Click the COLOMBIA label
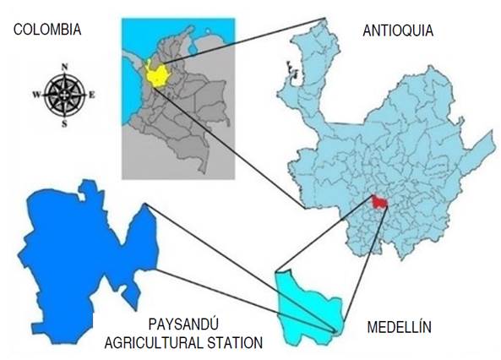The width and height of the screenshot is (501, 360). click(47, 30)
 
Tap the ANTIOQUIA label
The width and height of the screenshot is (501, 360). click(397, 31)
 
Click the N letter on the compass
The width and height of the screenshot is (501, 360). click(64, 66)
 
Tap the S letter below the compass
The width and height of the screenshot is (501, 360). click(64, 123)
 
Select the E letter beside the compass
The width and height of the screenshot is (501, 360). click(91, 95)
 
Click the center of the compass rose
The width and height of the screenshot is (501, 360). click(64, 94)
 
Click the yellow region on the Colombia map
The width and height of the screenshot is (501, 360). click(155, 74)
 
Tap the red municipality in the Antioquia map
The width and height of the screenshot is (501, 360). click(379, 202)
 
